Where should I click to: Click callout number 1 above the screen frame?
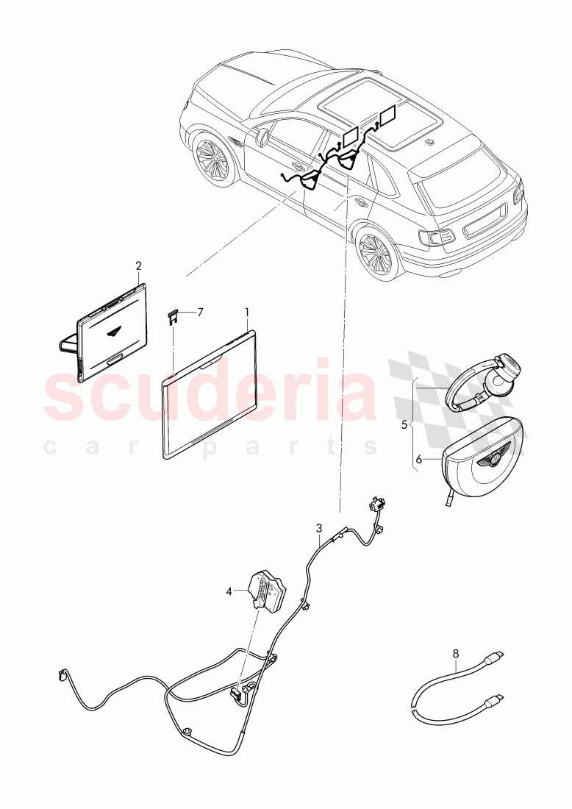[247, 312]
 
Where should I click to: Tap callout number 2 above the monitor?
[138, 265]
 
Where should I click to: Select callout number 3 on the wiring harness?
[319, 527]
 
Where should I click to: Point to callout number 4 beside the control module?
[229, 589]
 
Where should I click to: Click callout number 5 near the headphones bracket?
[404, 424]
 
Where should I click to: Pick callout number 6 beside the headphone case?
[418, 459]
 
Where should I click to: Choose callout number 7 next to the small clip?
[200, 312]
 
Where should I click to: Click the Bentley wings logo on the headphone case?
[489, 462]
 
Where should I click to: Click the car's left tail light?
[435, 237]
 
